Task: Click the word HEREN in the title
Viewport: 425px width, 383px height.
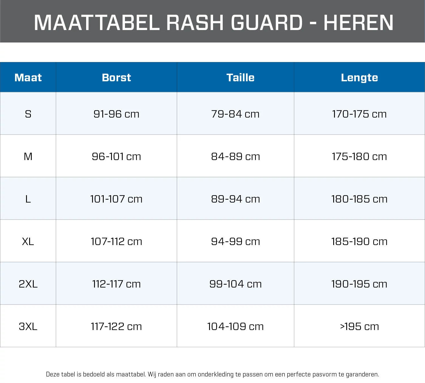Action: (x=358, y=22)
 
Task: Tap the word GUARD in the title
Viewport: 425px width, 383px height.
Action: (x=267, y=22)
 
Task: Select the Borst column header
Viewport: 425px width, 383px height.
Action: (x=116, y=78)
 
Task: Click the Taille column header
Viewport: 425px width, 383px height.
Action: (x=241, y=78)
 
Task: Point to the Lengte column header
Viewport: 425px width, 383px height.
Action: (x=359, y=78)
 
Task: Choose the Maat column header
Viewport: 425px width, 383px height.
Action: (x=28, y=78)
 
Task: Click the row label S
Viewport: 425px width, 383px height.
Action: (x=28, y=114)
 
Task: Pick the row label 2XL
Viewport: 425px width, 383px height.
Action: (x=28, y=284)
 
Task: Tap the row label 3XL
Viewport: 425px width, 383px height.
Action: (x=28, y=326)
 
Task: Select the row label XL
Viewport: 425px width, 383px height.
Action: (x=28, y=241)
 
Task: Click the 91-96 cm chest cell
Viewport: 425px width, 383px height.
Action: (x=116, y=114)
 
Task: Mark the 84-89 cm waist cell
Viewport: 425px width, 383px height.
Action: (x=235, y=157)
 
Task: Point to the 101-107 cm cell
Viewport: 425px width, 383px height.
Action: (x=116, y=199)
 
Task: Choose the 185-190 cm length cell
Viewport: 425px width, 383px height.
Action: (x=359, y=241)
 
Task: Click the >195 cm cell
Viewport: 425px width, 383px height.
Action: (x=359, y=326)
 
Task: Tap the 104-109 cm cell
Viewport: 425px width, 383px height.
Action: (x=235, y=326)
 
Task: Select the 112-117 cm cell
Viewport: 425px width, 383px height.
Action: (x=116, y=284)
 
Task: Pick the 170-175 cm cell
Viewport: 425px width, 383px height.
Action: (x=359, y=114)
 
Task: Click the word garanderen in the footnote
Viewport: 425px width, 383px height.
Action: (x=362, y=374)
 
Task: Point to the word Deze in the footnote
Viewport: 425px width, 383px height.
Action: (x=52, y=374)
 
